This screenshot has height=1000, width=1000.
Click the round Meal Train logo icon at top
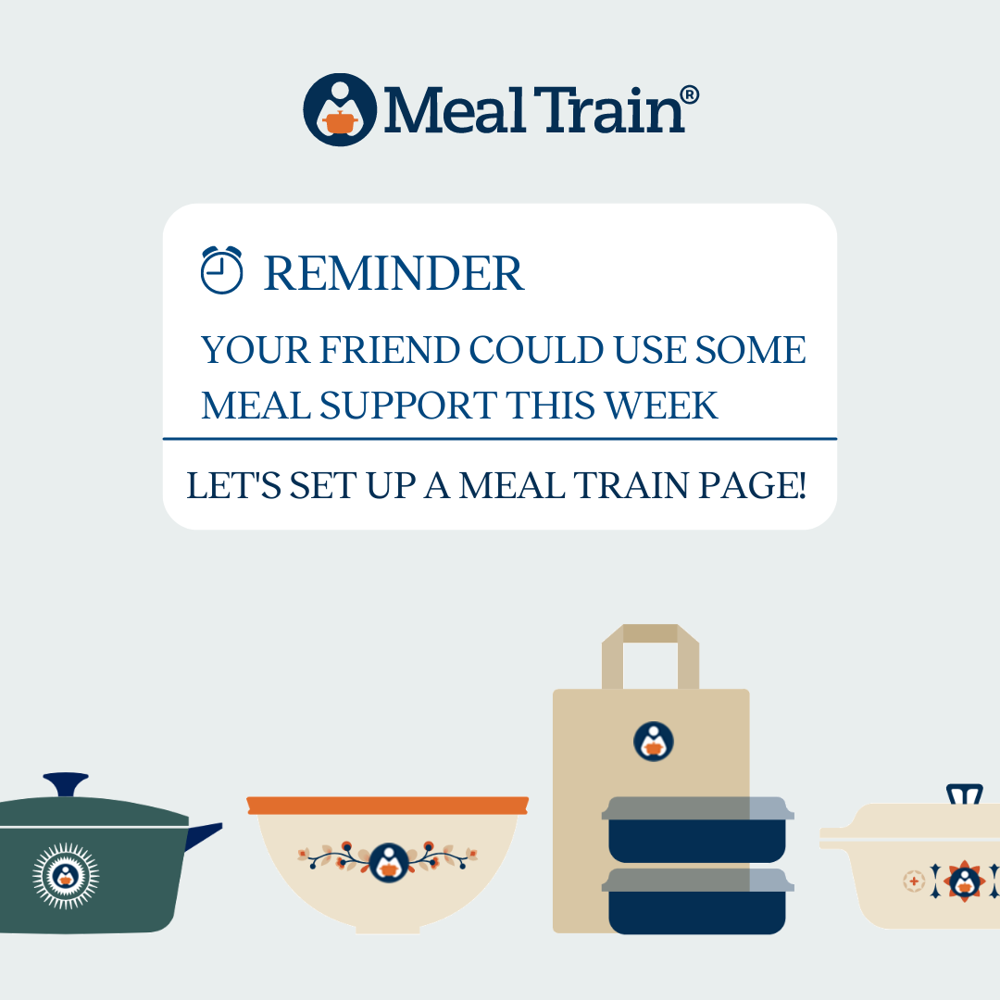click(x=340, y=109)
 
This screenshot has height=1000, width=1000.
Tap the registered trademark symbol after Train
click(x=690, y=95)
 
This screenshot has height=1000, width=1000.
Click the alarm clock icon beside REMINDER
click(x=221, y=269)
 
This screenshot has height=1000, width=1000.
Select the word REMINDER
click(x=394, y=273)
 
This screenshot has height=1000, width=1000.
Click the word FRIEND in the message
click(x=390, y=349)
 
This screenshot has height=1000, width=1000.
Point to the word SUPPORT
click(x=408, y=406)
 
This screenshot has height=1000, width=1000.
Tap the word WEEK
click(x=661, y=406)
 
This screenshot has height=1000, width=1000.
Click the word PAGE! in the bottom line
click(x=752, y=485)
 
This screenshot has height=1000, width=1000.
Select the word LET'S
click(x=233, y=485)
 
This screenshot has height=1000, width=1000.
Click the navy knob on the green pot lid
click(x=66, y=784)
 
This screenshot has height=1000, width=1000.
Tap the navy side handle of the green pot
click(x=204, y=835)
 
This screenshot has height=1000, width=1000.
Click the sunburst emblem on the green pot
click(x=66, y=876)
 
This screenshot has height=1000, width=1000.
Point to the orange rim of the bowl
click(x=388, y=806)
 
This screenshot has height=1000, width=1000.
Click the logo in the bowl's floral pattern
click(x=388, y=862)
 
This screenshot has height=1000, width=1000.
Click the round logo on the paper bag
click(x=653, y=741)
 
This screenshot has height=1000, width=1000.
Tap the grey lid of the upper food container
click(x=698, y=808)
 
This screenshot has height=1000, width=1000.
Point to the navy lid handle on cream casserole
click(x=964, y=794)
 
